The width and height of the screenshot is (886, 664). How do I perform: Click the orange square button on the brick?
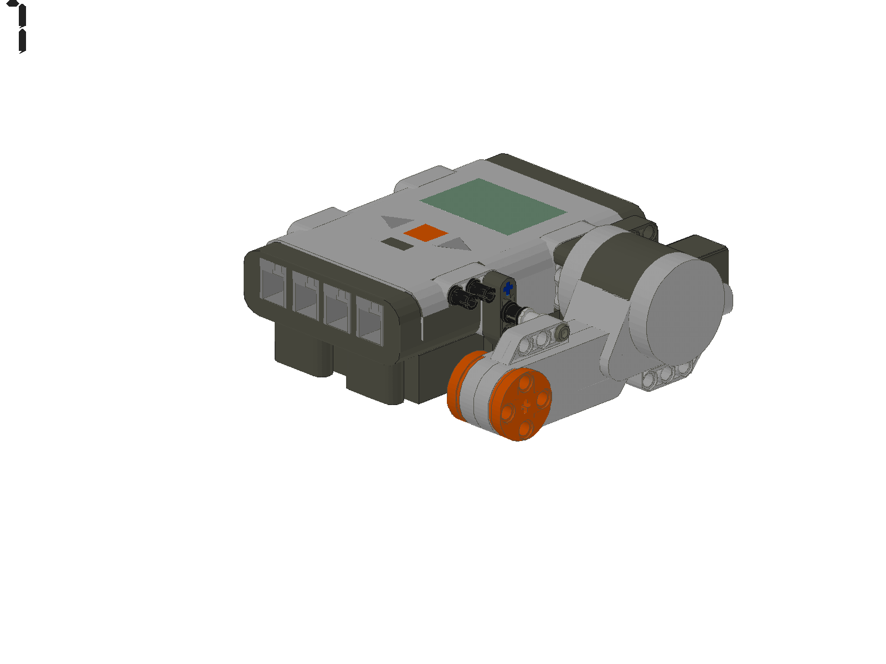click(424, 233)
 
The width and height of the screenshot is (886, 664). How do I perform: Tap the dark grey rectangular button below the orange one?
click(396, 244)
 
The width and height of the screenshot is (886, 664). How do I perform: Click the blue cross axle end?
click(508, 288)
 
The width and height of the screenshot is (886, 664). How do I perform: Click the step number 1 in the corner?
click(20, 28)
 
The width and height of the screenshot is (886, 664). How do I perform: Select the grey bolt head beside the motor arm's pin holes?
click(563, 332)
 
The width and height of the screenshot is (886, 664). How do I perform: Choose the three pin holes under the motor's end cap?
click(667, 375)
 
